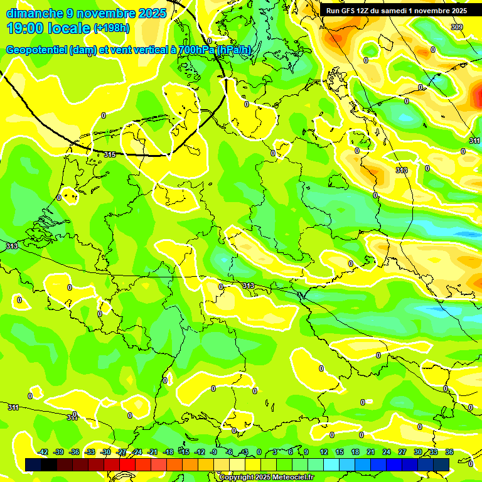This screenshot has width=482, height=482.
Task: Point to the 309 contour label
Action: pos(457,26)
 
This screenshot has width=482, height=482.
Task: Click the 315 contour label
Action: pos(110,154)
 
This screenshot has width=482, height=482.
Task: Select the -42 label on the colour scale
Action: pos(43,452)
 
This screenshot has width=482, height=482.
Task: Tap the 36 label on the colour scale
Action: pos(449,452)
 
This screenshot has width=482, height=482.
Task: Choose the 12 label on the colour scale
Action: pos(324,452)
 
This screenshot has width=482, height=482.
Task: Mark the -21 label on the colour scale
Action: pos(153,452)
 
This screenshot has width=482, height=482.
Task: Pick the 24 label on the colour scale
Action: pos(387,452)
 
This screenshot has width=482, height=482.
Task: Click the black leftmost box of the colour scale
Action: pos(33,464)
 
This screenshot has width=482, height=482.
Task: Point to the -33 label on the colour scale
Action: pos(90,452)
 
